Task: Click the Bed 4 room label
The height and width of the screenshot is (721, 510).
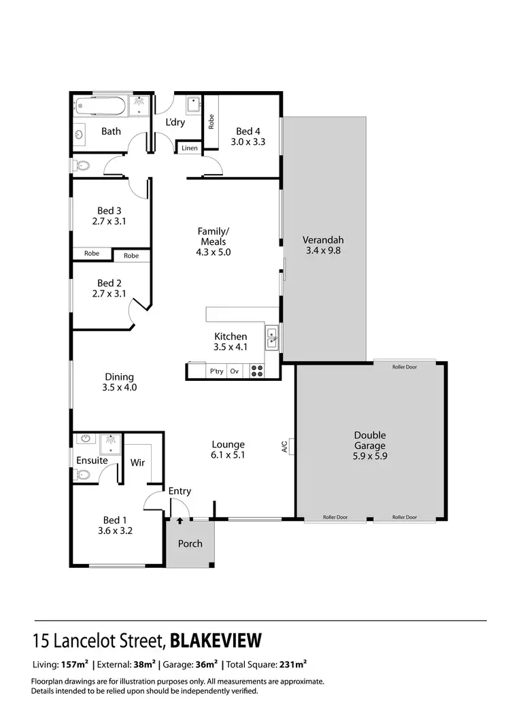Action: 248,131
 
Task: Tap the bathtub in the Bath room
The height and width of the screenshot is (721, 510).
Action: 101,106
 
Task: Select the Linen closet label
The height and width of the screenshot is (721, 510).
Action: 190,148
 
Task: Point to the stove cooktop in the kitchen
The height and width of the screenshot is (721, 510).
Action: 258,371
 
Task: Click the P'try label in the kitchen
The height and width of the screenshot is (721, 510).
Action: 216,371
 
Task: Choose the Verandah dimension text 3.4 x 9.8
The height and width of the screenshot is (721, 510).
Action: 324,250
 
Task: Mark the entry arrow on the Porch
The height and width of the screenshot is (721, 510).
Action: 180,522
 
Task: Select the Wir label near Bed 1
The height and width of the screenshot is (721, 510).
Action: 138,463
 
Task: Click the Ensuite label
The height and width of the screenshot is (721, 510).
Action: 92,460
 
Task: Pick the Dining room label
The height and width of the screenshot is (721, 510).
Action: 119,377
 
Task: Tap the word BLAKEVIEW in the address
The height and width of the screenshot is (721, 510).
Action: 216,641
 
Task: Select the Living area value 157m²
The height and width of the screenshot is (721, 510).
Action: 75,665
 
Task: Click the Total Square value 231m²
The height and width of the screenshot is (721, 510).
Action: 292,665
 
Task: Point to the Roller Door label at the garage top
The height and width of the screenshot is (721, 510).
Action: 405,367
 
